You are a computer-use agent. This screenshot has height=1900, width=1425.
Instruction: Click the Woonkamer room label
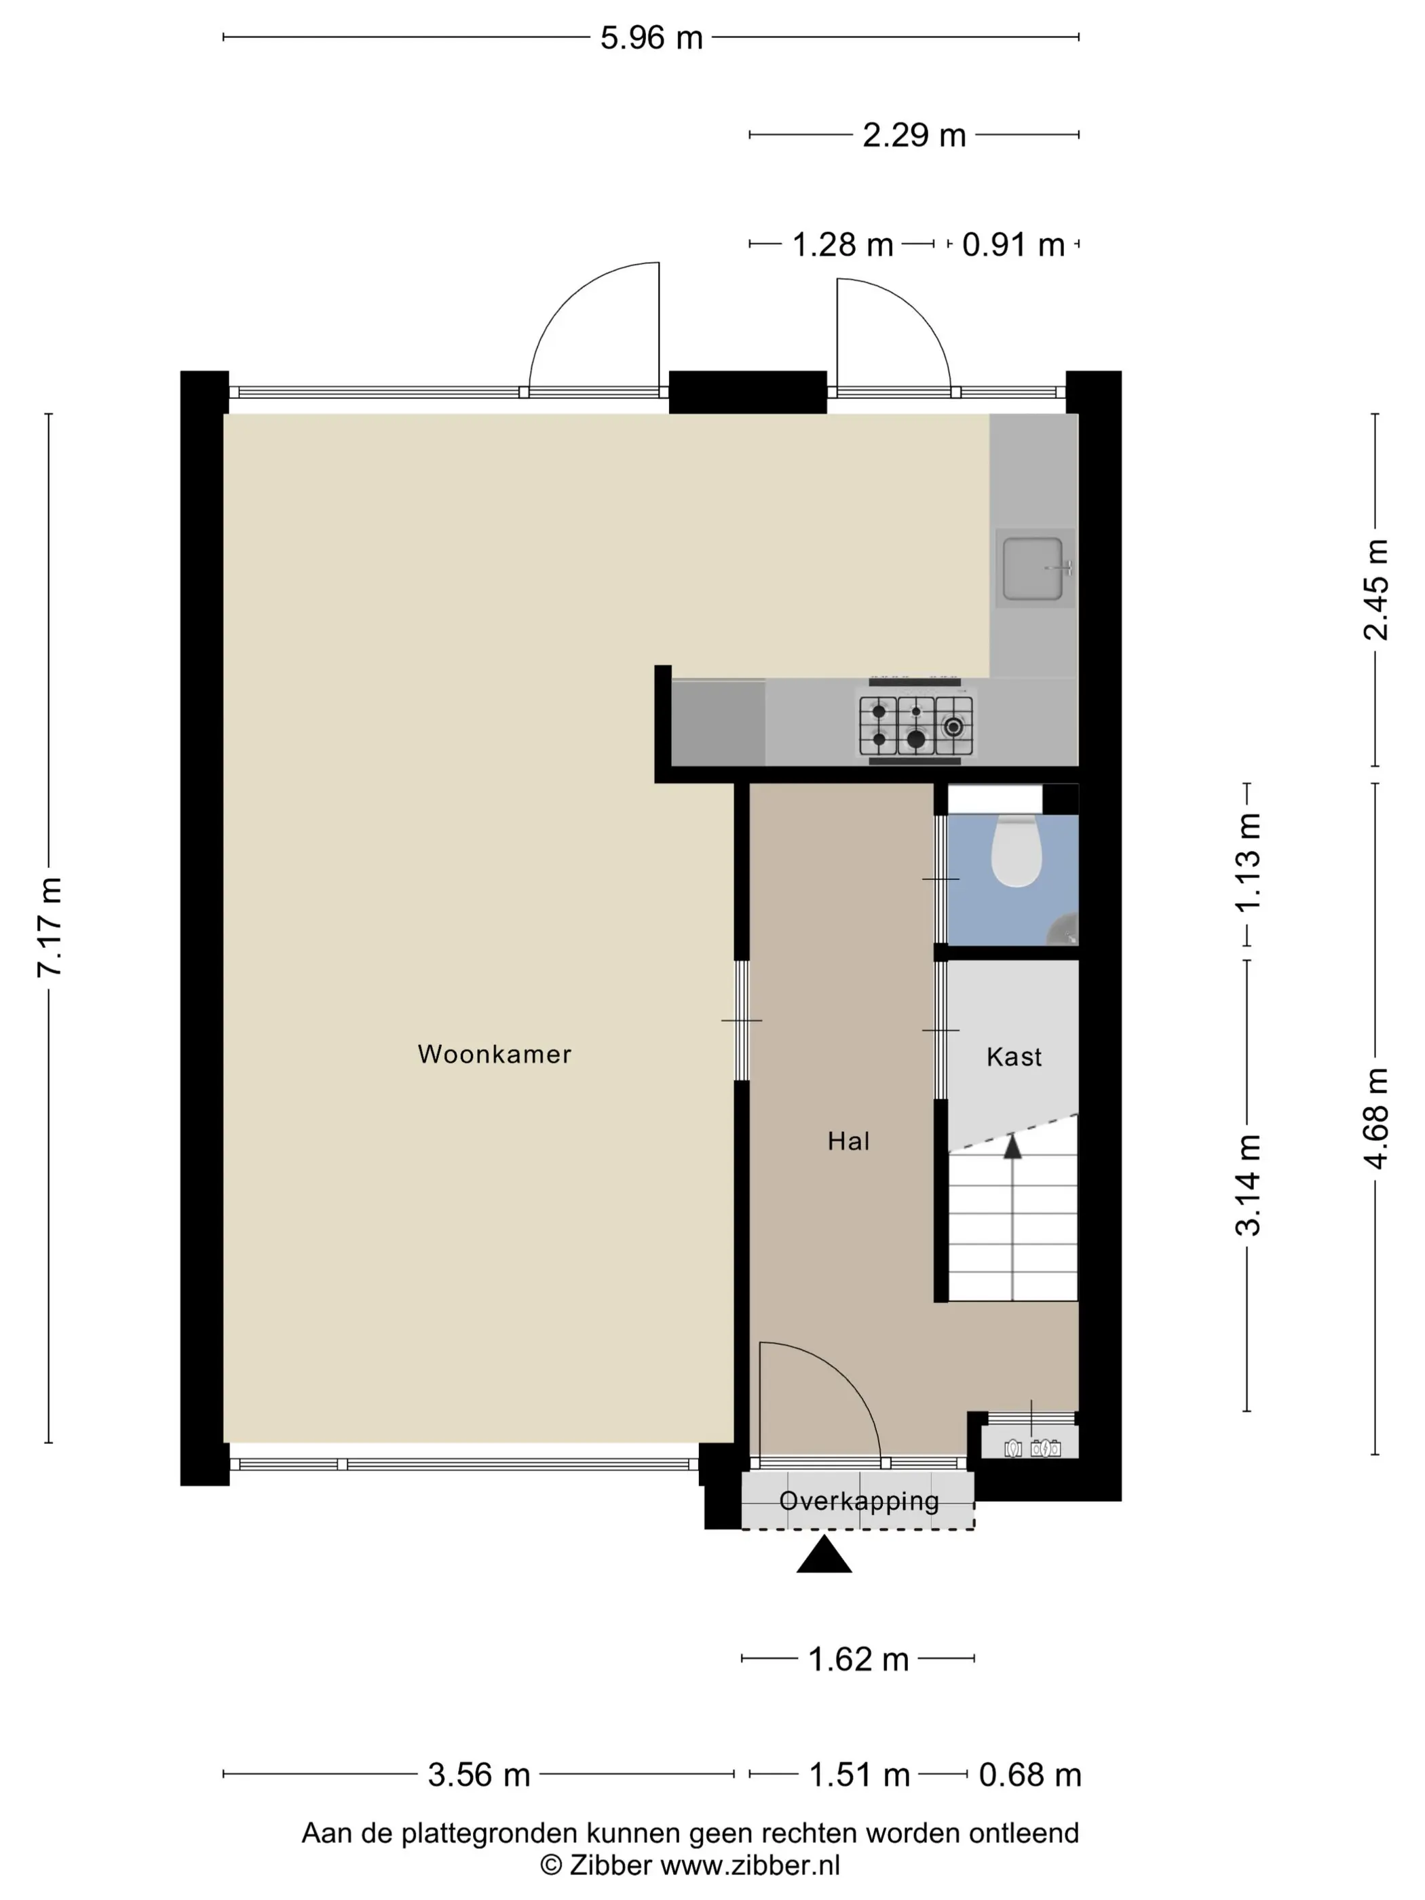(x=494, y=1054)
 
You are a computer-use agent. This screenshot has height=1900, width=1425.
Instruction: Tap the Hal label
(x=849, y=1141)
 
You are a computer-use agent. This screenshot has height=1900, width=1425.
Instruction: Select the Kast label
(x=1014, y=1057)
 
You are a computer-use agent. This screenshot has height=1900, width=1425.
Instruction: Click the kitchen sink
(x=1034, y=568)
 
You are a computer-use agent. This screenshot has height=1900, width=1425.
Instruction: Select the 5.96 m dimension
(x=651, y=38)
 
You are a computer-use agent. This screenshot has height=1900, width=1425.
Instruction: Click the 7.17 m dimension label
(x=50, y=928)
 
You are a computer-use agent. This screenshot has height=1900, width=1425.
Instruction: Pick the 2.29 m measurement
(x=914, y=135)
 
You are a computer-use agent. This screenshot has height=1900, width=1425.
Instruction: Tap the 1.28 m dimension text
(x=842, y=245)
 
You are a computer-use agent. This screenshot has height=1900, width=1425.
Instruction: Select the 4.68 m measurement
(x=1375, y=1118)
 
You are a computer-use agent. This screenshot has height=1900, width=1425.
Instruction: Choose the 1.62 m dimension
(x=858, y=1658)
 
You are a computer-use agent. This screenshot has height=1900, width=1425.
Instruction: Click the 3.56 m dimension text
(x=478, y=1774)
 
